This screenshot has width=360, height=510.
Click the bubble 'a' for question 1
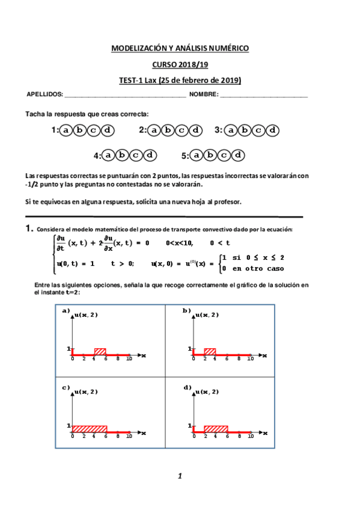click(x=66, y=130)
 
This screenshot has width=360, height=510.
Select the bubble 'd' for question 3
click(x=273, y=130)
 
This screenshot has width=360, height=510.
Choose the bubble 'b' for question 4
click(x=123, y=155)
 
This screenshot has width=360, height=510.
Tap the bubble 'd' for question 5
click(x=239, y=155)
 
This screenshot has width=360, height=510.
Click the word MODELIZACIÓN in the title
click(x=142, y=49)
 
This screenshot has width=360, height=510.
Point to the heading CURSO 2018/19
click(x=180, y=64)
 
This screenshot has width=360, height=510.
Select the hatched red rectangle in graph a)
click(x=100, y=352)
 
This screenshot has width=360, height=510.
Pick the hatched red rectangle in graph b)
click(x=210, y=352)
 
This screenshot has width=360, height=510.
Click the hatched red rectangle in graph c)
click(x=90, y=429)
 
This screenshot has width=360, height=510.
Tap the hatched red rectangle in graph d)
click(x=216, y=429)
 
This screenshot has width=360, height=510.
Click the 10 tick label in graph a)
click(x=129, y=359)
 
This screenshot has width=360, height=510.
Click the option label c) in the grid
click(x=66, y=387)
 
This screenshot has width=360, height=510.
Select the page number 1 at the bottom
click(x=180, y=476)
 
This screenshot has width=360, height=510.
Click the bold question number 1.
click(x=28, y=229)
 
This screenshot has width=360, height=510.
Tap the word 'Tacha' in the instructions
click(x=35, y=114)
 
